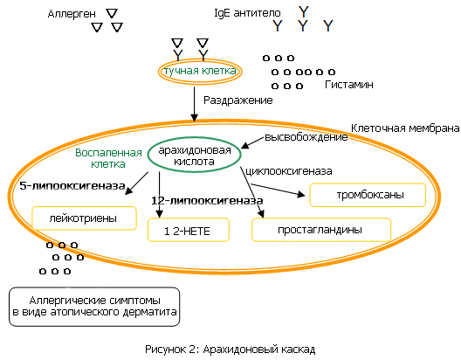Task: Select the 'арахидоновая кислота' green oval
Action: [194, 138]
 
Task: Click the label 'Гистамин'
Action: [349, 85]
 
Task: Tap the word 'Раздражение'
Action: [238, 100]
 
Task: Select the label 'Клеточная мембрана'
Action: [405, 128]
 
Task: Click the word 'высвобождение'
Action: [306, 137]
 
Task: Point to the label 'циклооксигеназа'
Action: [289, 171]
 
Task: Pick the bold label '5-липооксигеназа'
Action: [72, 186]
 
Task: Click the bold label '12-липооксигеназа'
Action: [207, 201]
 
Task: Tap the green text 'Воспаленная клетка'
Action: [108, 158]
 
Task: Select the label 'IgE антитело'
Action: [248, 13]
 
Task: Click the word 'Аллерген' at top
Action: [72, 14]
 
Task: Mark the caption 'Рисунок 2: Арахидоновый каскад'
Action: [230, 350]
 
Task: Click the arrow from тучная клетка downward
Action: [194, 104]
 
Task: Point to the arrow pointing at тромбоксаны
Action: [278, 190]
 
